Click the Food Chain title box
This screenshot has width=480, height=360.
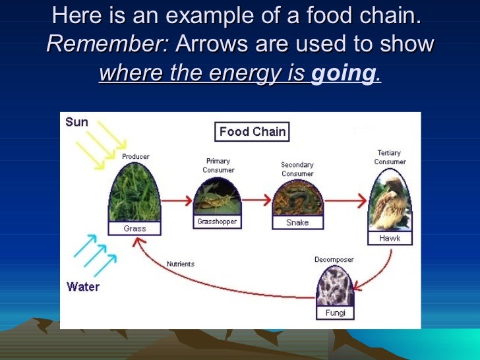click(x=253, y=132)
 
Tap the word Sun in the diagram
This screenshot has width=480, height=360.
click(x=76, y=123)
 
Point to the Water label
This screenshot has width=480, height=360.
click(x=82, y=287)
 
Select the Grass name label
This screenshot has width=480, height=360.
click(x=135, y=229)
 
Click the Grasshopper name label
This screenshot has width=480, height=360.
click(x=217, y=222)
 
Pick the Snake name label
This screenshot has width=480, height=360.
click(x=297, y=223)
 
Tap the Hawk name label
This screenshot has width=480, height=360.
click(x=390, y=238)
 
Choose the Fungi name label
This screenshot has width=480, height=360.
click(x=336, y=313)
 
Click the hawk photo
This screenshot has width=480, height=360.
click(x=390, y=200)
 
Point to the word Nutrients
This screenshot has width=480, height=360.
click(x=181, y=264)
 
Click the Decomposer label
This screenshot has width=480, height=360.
click(x=334, y=259)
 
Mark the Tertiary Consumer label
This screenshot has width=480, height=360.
click(x=390, y=158)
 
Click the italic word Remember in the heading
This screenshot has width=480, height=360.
click(x=108, y=44)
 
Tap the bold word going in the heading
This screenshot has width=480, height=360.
click(x=342, y=74)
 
